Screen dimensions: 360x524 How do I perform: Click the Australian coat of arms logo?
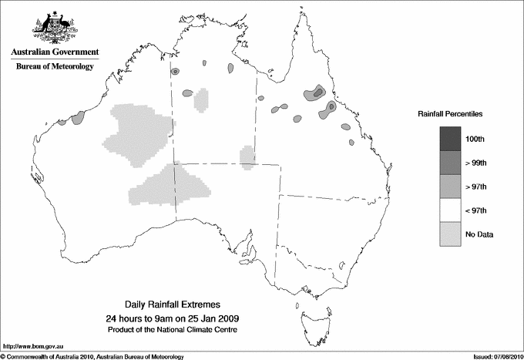tap(55, 27)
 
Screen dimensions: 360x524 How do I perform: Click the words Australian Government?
tap(55, 52)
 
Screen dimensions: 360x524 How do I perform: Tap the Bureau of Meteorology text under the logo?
tap(55, 67)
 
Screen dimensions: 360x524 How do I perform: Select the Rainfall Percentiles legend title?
tap(450, 114)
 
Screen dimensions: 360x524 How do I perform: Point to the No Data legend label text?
tap(479, 234)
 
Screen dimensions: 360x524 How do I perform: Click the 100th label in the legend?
tap(475, 139)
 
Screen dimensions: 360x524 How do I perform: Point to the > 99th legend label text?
tap(476, 163)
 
